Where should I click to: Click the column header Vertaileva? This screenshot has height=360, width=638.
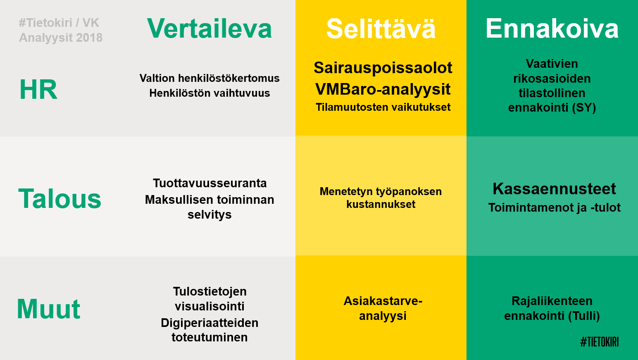(209, 29)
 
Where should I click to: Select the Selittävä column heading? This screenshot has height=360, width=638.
(381, 29)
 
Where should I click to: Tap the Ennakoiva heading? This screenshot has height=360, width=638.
(552, 29)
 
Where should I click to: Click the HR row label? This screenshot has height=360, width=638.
(38, 89)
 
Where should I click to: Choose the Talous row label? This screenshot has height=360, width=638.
(60, 198)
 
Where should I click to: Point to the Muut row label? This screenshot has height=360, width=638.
(48, 309)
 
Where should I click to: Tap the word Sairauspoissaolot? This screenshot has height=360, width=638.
(383, 68)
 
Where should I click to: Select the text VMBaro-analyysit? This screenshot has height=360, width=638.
(383, 89)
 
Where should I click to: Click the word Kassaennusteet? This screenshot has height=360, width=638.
(554, 189)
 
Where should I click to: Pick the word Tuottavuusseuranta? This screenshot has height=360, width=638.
(209, 183)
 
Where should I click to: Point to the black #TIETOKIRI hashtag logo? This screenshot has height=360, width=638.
(600, 342)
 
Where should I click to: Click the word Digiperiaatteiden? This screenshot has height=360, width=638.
(209, 323)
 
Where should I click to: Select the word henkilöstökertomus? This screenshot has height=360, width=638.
(229, 78)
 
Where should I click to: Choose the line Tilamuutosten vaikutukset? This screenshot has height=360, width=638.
(383, 107)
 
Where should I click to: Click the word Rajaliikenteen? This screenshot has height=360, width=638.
(552, 301)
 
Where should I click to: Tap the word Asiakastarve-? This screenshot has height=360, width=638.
(383, 301)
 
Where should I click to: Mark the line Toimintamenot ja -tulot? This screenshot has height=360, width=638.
(554, 207)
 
